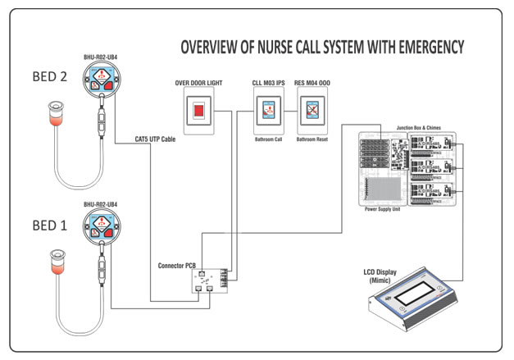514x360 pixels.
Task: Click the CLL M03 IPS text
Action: pos(268,84)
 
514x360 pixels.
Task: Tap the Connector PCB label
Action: pos(177,267)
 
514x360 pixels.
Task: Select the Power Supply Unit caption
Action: pos(382,210)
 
